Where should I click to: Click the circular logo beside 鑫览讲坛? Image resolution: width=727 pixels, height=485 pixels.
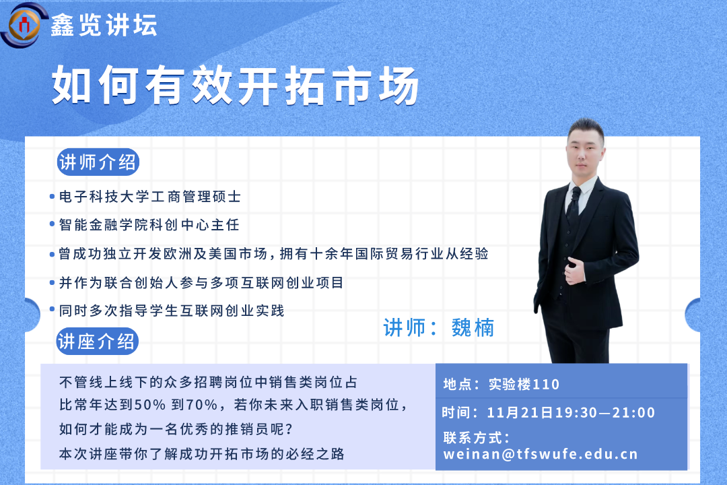coord(24,25)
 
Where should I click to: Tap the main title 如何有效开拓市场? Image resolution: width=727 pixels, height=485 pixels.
coord(236,86)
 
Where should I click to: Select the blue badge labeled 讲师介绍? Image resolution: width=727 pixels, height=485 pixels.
coord(98,162)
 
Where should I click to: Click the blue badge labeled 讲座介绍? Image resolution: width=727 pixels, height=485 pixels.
coord(98,342)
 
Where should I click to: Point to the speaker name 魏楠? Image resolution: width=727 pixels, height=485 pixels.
coord(473,327)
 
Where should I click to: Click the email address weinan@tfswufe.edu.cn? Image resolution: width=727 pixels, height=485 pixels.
coord(541,453)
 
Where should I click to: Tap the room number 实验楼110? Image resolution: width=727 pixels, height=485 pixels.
coord(524,384)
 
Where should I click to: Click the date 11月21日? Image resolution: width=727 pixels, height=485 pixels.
coord(520,413)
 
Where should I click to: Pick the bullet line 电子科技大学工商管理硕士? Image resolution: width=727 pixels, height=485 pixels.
coord(149,197)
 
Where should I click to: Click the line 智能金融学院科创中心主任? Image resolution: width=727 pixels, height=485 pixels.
coord(149,225)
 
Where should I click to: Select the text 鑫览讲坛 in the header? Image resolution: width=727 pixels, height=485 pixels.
coord(104,25)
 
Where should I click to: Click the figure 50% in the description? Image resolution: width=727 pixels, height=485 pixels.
coord(149,405)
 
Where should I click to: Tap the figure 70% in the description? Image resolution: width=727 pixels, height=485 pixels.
coord(202,405)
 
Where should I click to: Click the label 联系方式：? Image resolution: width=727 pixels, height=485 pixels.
coord(477,438)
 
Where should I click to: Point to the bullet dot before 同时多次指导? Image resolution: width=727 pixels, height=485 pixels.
coord(52,310)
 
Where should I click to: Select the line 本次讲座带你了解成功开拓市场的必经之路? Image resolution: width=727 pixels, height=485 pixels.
coord(202,453)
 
